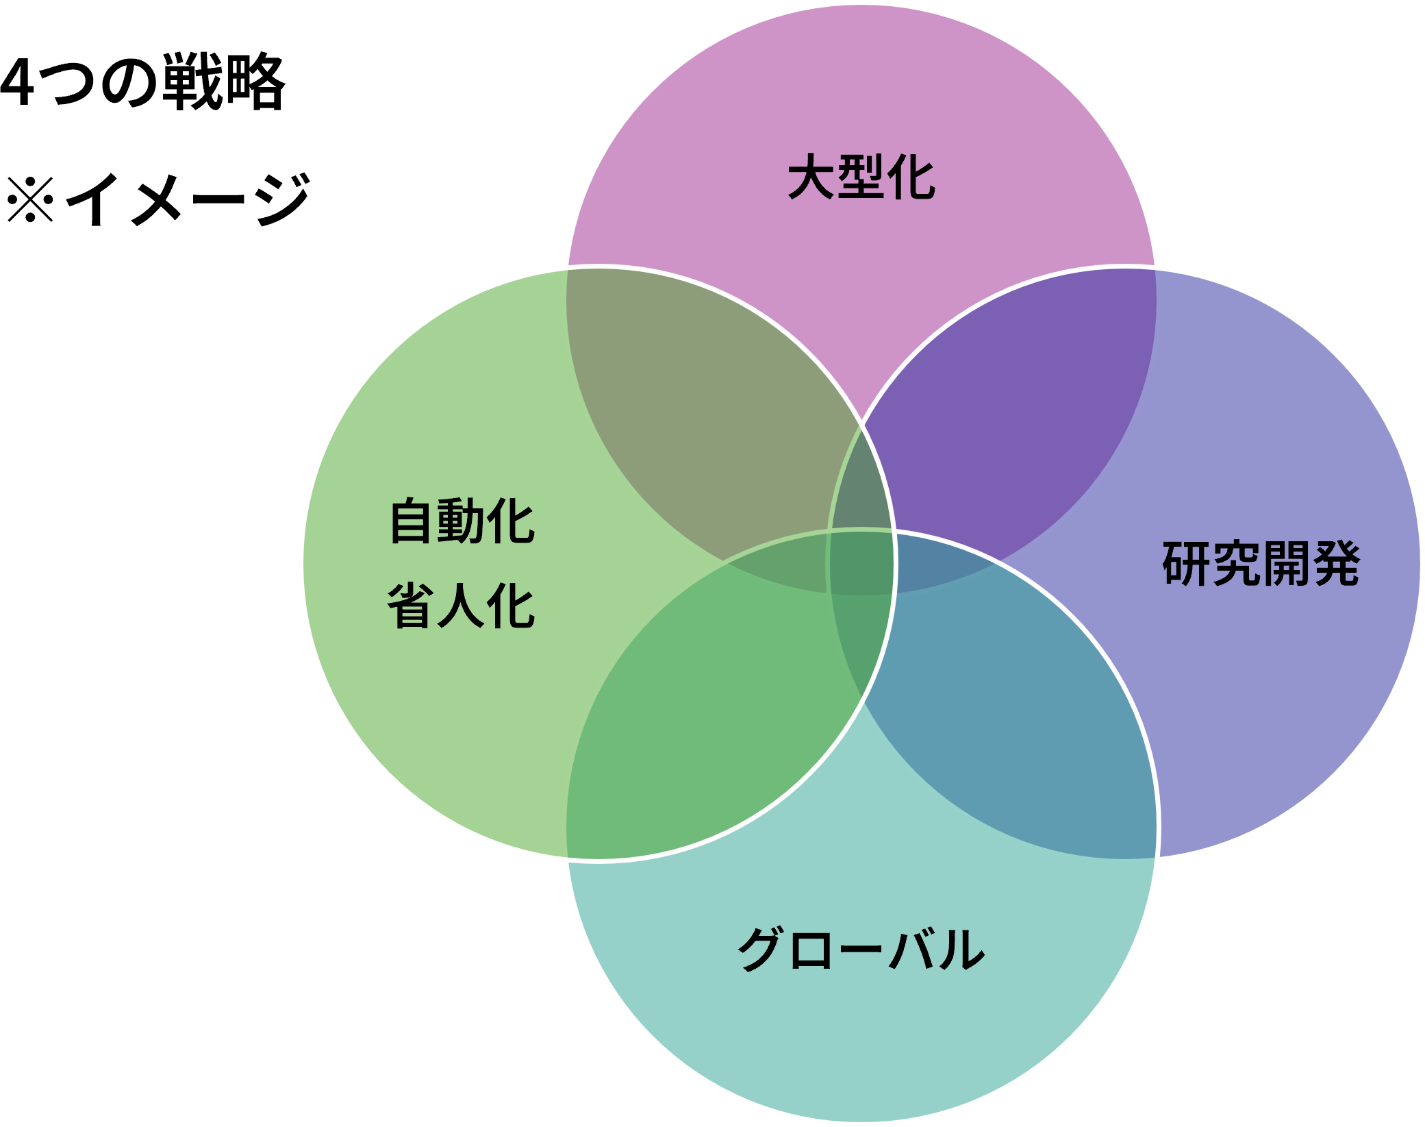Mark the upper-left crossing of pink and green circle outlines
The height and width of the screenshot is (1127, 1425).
click(568, 268)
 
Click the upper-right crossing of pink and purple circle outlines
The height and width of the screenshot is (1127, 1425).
click(1155, 268)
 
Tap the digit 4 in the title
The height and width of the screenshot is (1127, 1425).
click(16, 82)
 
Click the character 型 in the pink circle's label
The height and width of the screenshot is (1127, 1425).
click(861, 177)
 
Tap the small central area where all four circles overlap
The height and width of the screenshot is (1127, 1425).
click(861, 563)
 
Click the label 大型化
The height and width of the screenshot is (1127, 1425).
click(861, 177)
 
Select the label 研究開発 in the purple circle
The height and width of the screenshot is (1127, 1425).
click(1261, 564)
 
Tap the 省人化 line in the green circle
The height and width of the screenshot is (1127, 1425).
click(461, 606)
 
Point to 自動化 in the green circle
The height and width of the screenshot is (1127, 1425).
click(462, 521)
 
